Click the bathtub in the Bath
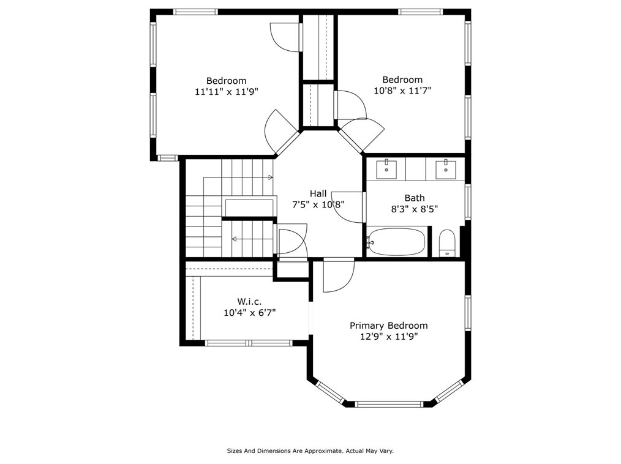click(x=397, y=242)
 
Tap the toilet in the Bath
click(x=447, y=243)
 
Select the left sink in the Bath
click(x=386, y=169)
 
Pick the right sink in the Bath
click(x=446, y=170)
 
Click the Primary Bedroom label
click(x=388, y=326)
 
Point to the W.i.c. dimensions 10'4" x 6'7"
click(x=249, y=313)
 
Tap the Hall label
click(x=318, y=193)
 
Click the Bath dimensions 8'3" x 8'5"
click(x=414, y=209)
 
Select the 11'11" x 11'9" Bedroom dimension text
click(x=227, y=92)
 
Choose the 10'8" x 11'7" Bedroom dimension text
click(x=402, y=91)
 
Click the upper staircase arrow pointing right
click(x=238, y=178)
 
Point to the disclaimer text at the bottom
click(x=310, y=451)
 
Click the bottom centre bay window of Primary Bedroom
click(x=389, y=404)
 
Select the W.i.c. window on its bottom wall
click(x=249, y=343)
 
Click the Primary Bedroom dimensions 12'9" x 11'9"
click(x=388, y=337)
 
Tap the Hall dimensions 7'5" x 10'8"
click(x=318, y=204)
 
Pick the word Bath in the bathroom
click(x=414, y=198)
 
